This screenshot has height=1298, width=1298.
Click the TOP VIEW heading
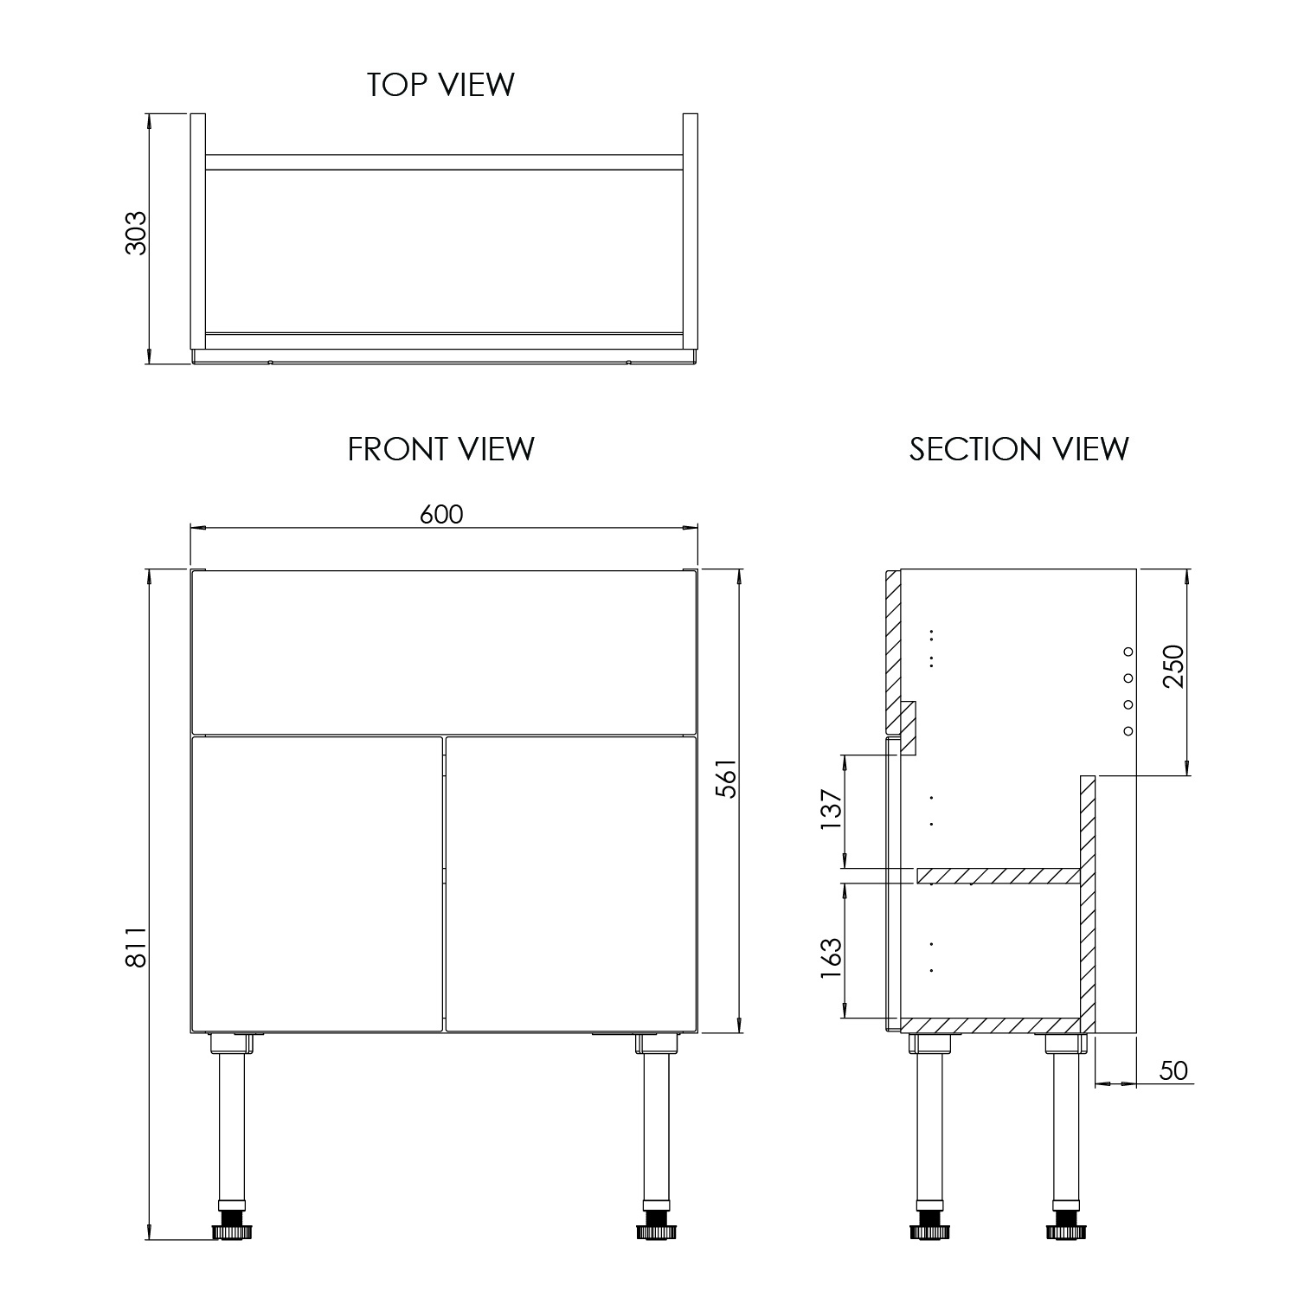tap(440, 85)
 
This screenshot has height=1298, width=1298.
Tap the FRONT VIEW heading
tap(440, 449)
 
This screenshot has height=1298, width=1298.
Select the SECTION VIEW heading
tap(1018, 449)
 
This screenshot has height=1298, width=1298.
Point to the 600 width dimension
tap(441, 514)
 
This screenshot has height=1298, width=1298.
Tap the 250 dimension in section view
tap(1173, 666)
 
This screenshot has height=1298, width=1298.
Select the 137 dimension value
tap(831, 809)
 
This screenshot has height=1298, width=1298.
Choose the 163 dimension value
tap(831, 958)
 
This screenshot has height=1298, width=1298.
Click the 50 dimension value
tap(1173, 1071)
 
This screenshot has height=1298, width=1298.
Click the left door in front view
tap(317, 884)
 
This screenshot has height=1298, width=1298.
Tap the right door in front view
tap(570, 884)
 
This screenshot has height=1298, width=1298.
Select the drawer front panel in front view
tap(443, 652)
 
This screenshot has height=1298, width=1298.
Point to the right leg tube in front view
tap(655, 1125)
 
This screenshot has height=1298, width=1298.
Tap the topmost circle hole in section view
tap(1128, 651)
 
